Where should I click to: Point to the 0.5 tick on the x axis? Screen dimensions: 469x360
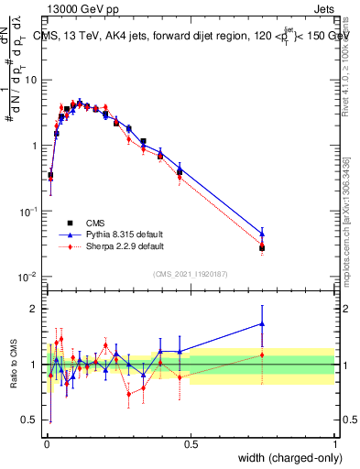pos(191,444)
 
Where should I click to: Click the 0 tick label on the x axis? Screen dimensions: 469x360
pos(47,444)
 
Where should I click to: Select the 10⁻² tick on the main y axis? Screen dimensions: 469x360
pos(30,277)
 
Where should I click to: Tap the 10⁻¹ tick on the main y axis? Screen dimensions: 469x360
pos(30,212)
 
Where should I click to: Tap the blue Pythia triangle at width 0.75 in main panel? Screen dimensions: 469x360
pos(262,233)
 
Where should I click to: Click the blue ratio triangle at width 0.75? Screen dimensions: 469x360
pos(262,323)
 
